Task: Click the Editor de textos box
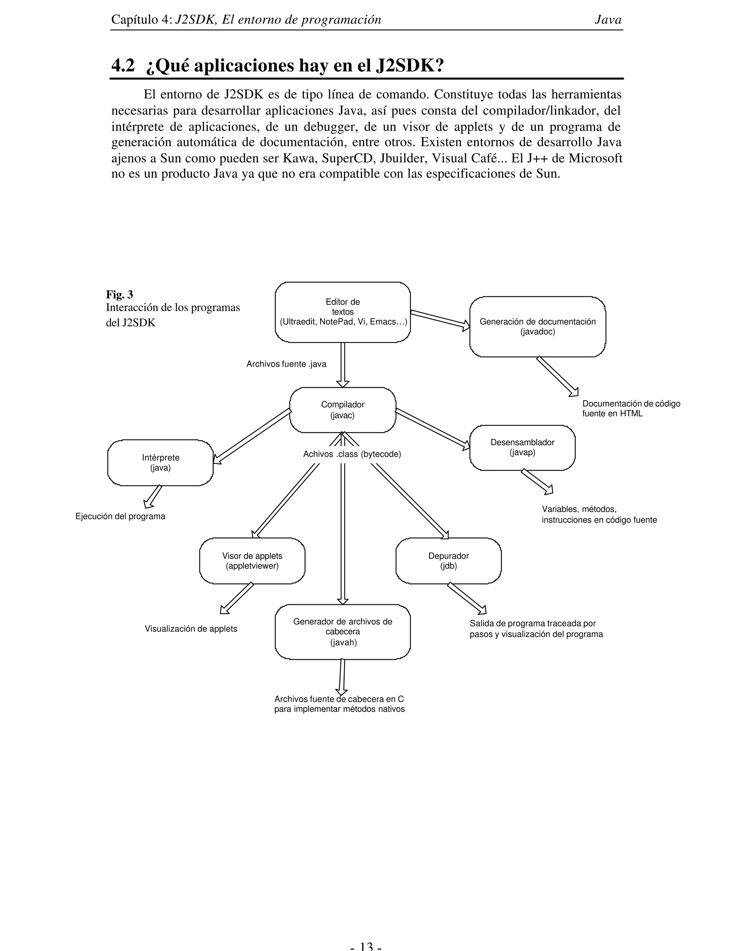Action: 343,312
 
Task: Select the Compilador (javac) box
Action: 343,410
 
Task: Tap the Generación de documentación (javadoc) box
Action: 537,327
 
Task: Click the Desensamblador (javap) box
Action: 522,448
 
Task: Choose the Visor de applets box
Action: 252,561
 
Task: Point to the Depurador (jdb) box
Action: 449,561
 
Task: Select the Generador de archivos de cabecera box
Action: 343,631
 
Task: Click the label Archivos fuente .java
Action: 286,364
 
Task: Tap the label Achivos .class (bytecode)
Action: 352,454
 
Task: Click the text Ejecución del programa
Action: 120,516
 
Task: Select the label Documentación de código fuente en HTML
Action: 631,408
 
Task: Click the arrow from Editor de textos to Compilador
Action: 343,364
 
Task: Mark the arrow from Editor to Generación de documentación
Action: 440,319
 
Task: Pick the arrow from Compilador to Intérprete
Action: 253,435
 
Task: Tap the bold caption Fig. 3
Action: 119,295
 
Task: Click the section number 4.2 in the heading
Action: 123,66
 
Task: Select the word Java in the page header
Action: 608,20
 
